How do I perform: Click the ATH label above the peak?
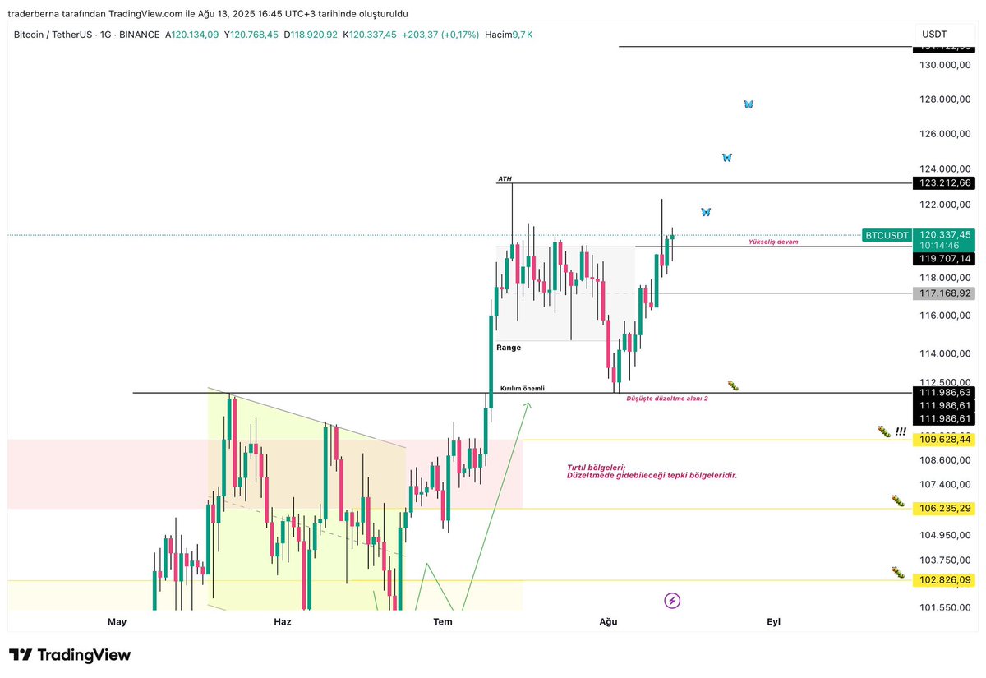(505, 178)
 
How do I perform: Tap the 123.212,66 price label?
(943, 183)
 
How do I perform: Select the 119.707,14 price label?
(943, 259)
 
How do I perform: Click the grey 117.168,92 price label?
(943, 293)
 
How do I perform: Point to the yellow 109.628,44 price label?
(943, 440)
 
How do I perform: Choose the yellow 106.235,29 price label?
(943, 509)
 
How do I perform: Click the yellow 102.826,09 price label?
(943, 580)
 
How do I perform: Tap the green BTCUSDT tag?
(887, 235)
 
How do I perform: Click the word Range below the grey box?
(509, 348)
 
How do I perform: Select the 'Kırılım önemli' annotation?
(523, 388)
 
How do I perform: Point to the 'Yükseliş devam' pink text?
(772, 242)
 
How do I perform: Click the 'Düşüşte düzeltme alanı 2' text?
(667, 398)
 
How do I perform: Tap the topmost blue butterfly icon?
(748, 104)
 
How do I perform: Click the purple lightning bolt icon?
(672, 601)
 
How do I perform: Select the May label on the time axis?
(117, 622)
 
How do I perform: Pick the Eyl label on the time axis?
(773, 622)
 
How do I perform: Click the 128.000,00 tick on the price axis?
(945, 99)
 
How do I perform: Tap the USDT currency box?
(935, 35)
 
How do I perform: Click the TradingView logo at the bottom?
(71, 655)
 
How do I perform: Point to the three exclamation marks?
(901, 431)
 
